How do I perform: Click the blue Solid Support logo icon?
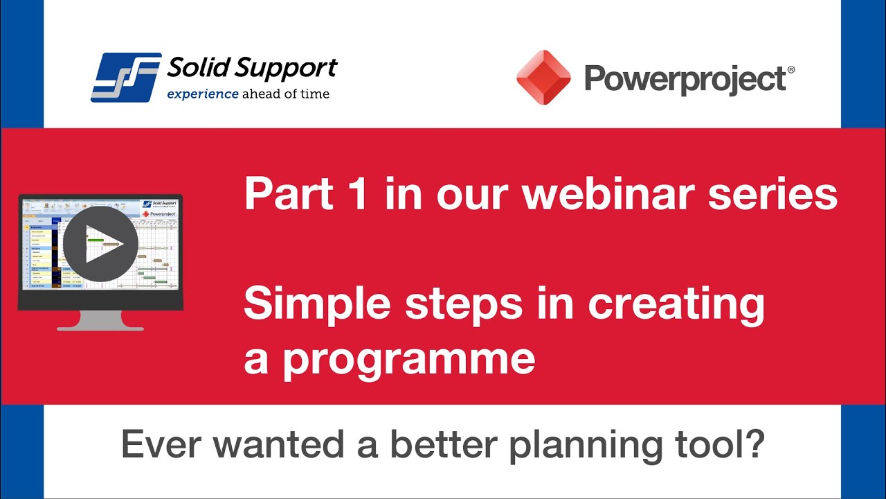pos(126,78)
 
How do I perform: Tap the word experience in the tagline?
pos(202,94)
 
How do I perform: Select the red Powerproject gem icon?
pos(543,78)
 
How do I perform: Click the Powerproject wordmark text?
pos(684,79)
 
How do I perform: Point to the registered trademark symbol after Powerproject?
pos(790,71)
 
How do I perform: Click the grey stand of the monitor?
pos(100,320)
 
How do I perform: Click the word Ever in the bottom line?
pos(159,445)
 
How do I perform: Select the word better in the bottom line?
pos(442,445)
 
